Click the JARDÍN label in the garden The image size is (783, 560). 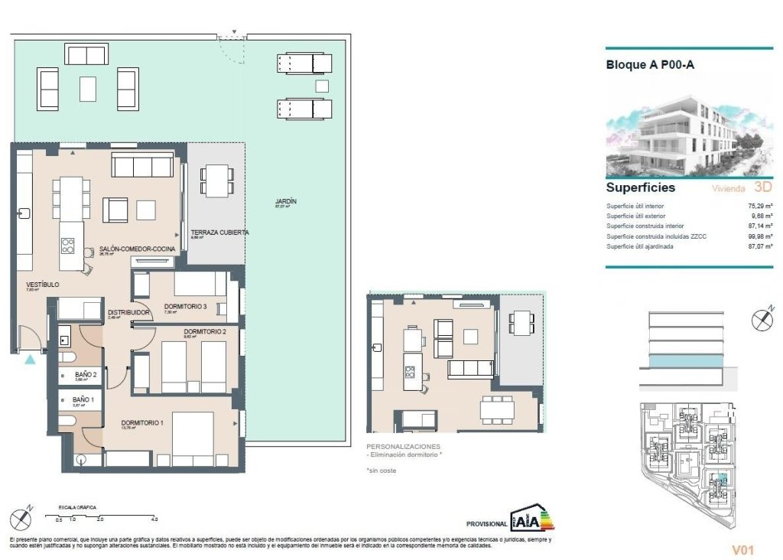(x=286, y=201)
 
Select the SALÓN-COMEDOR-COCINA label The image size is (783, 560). (x=138, y=249)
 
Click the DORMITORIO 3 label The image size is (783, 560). (x=185, y=307)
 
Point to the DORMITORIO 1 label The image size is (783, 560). (x=143, y=422)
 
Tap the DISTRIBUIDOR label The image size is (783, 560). (x=127, y=313)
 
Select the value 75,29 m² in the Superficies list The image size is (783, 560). (x=756, y=207)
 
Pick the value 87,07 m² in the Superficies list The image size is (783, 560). (x=756, y=246)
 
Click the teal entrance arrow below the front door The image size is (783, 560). (x=30, y=359)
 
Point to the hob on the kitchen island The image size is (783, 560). (x=68, y=246)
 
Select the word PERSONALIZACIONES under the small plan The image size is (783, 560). (x=404, y=445)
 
